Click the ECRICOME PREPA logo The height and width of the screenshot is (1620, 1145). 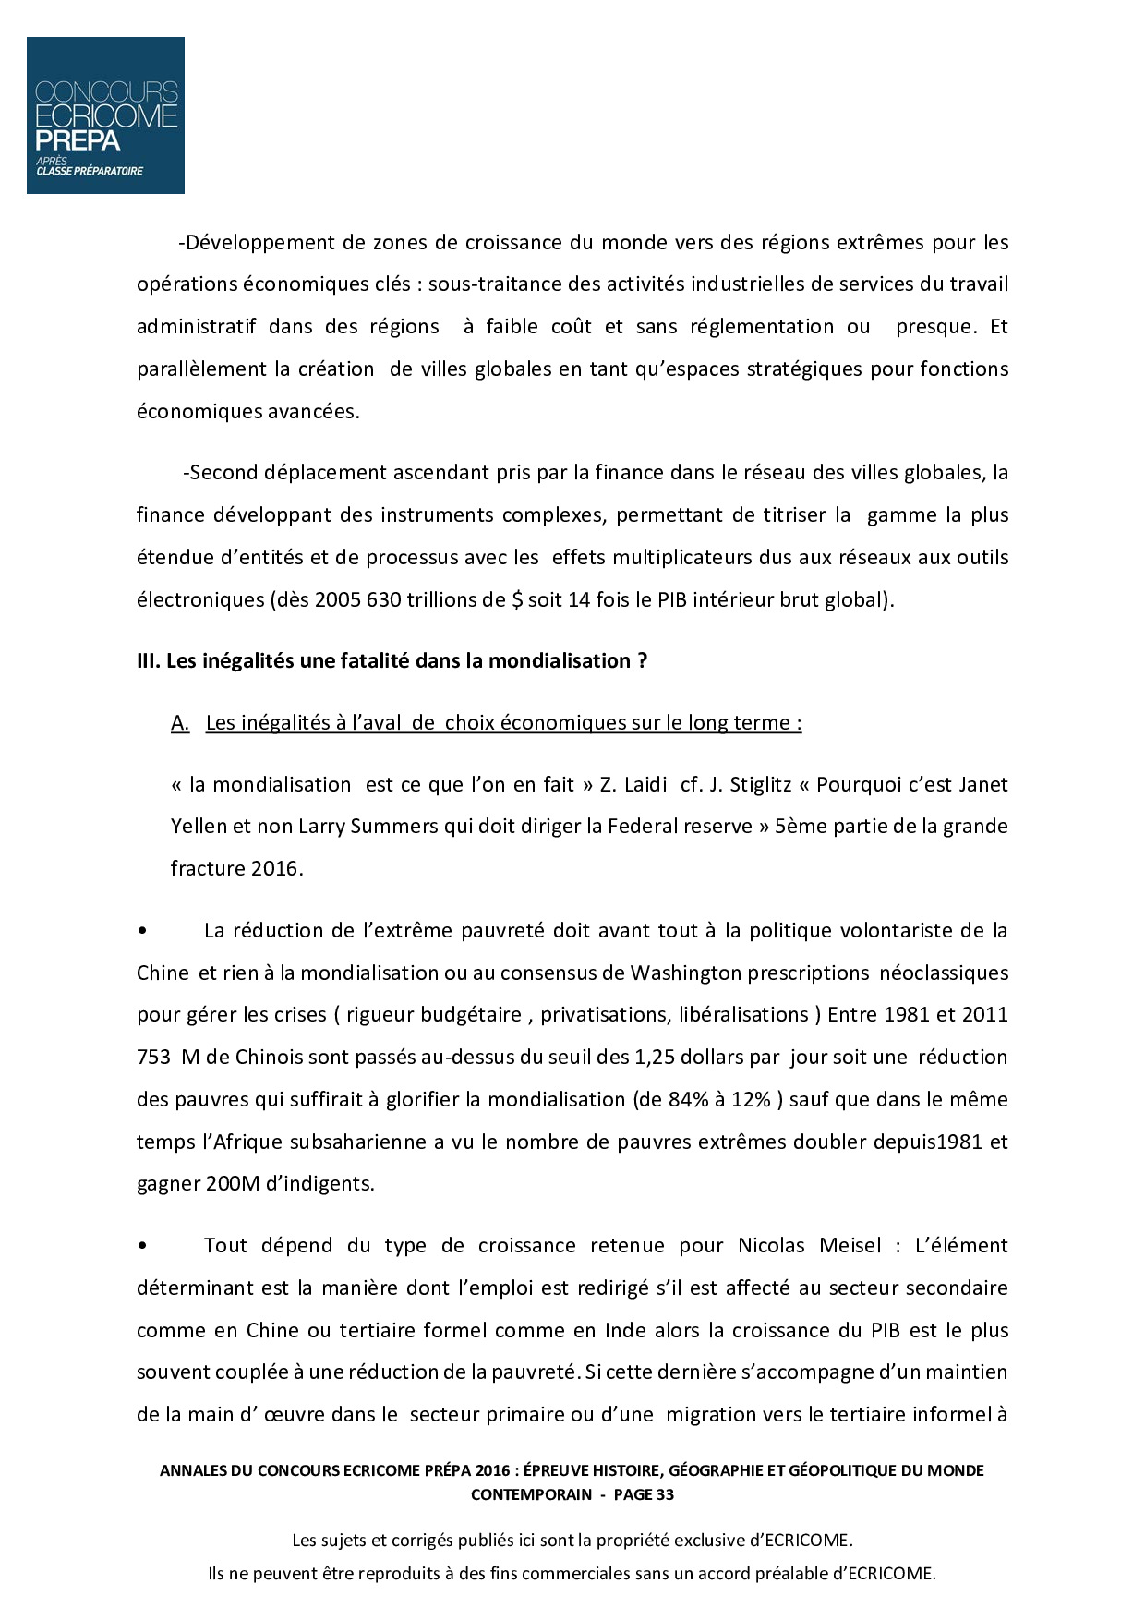[105, 115]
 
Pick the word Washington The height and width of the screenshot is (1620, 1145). [686, 973]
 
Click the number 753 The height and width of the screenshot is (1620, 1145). [153, 1057]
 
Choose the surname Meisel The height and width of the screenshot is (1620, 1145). [850, 1245]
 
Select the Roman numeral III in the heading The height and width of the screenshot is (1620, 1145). [148, 661]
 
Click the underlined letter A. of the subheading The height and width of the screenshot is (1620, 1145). [180, 723]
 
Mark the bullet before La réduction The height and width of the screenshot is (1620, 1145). [142, 931]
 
